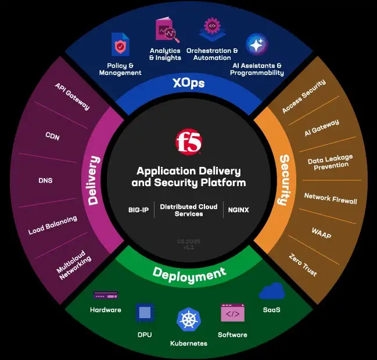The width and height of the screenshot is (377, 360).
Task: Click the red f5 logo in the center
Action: coord(188,142)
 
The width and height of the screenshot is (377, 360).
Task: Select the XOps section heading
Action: coord(188,83)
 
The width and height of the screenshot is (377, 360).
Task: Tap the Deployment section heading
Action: coord(189,273)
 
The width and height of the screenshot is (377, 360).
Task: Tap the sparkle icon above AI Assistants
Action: coord(256,44)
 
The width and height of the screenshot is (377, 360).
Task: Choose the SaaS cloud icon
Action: coord(271,291)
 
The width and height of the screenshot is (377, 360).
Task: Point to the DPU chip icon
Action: coord(145,313)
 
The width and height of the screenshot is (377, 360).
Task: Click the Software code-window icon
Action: coord(232,313)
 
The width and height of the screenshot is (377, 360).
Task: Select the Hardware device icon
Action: coord(105,295)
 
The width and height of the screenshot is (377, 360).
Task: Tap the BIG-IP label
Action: coord(139,209)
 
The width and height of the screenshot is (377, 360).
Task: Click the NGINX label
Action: coord(238,209)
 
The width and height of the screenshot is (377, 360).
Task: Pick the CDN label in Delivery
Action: coord(52,137)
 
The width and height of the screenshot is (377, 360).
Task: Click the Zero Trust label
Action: coord(303,265)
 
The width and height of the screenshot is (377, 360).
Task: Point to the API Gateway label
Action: coord(72,96)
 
